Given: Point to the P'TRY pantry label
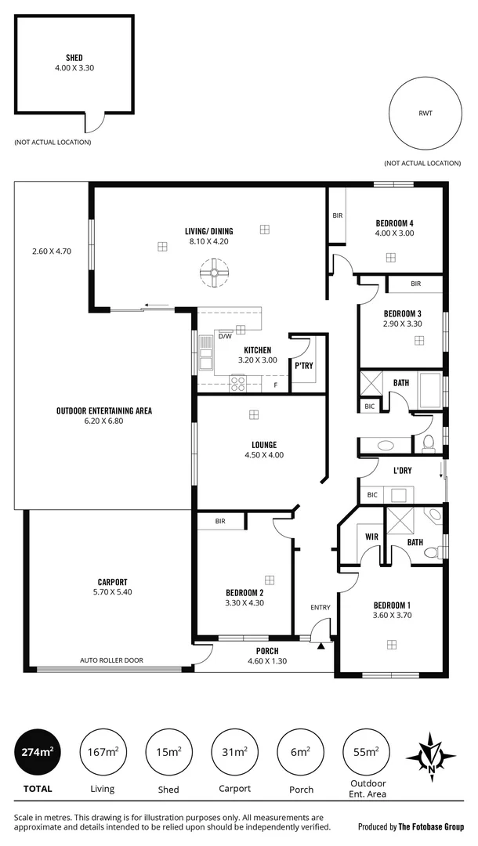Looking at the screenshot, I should (x=304, y=366).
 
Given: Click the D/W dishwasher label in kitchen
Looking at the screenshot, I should (x=224, y=336).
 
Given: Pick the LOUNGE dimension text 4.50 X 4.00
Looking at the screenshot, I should (x=263, y=455).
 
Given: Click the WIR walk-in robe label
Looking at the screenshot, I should (x=372, y=537).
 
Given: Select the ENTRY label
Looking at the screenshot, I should (x=320, y=607).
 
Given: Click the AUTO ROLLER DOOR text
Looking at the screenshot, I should (x=111, y=660).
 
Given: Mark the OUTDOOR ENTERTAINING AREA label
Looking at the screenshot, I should (x=103, y=410).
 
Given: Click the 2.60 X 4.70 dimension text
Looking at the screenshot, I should (x=52, y=251).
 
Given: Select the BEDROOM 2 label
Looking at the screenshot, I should (x=244, y=592).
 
